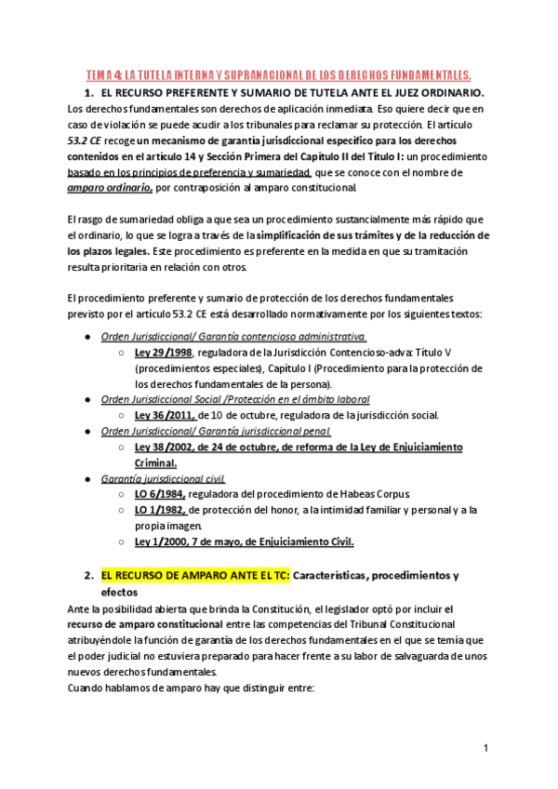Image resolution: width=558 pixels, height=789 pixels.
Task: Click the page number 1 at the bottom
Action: coord(485,748)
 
